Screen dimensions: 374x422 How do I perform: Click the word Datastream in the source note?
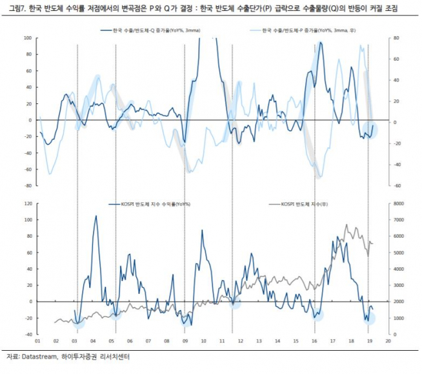[41, 356]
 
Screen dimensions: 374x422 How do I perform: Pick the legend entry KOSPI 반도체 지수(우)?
[304, 204]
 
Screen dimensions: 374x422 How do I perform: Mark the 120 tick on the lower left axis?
[27, 203]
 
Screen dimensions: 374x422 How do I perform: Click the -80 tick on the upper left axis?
[27, 186]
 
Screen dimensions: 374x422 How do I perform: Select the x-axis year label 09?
[185, 340]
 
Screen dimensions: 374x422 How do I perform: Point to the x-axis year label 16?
[314, 340]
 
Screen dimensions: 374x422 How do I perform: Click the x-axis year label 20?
[388, 340]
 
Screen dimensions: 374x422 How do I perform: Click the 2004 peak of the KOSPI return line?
[96, 216]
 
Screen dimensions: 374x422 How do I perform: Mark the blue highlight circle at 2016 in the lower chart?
[316, 315]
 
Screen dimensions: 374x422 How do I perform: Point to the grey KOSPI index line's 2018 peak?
[347, 226]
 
